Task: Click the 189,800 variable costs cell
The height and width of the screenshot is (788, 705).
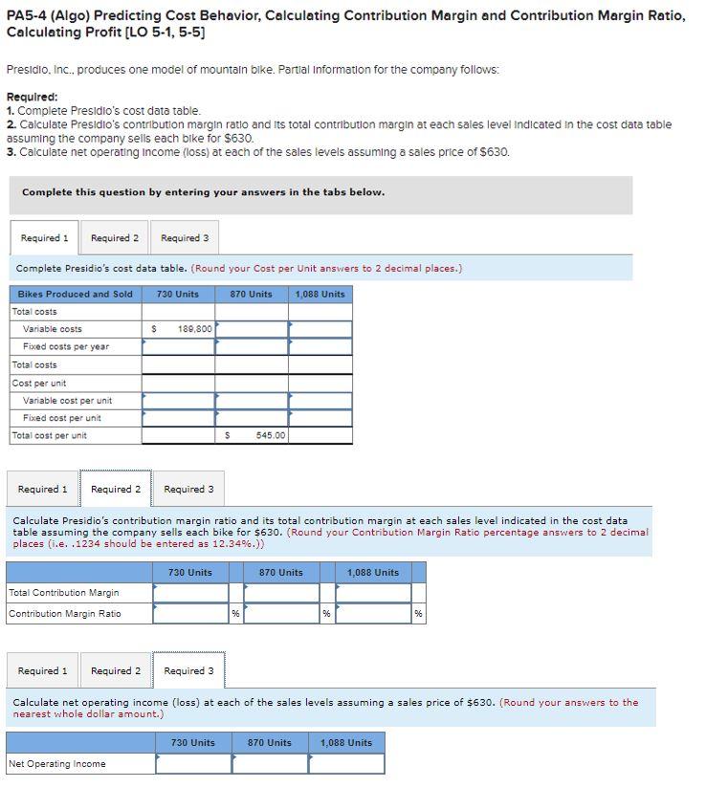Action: [x=179, y=329]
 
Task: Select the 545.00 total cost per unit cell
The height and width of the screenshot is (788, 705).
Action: [x=253, y=435]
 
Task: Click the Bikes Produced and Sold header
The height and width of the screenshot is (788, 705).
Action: [x=76, y=294]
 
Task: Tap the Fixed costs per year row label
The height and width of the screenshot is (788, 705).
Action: [x=66, y=346]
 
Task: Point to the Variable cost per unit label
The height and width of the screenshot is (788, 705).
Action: [x=67, y=400]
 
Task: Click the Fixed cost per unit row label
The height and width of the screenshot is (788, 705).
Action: [x=62, y=418]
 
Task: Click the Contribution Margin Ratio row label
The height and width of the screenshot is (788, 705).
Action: [x=65, y=613]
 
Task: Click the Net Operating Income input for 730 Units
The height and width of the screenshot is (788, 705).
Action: [x=192, y=763]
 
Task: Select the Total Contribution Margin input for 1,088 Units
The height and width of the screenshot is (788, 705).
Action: [x=372, y=593]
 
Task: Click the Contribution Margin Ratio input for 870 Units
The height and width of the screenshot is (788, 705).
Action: [x=280, y=613]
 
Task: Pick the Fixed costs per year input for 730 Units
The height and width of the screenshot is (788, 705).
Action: [x=179, y=346]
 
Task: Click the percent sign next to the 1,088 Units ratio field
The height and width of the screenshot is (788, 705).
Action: [x=418, y=614]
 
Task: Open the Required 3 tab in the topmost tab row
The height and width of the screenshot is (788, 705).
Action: [x=185, y=238]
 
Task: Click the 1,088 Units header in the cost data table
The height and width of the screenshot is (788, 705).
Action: [x=320, y=294]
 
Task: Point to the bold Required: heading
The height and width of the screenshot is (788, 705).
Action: [x=32, y=97]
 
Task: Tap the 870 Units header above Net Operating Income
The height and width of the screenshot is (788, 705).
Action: [x=270, y=742]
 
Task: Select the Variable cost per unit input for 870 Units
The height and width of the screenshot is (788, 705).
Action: [x=253, y=400]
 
